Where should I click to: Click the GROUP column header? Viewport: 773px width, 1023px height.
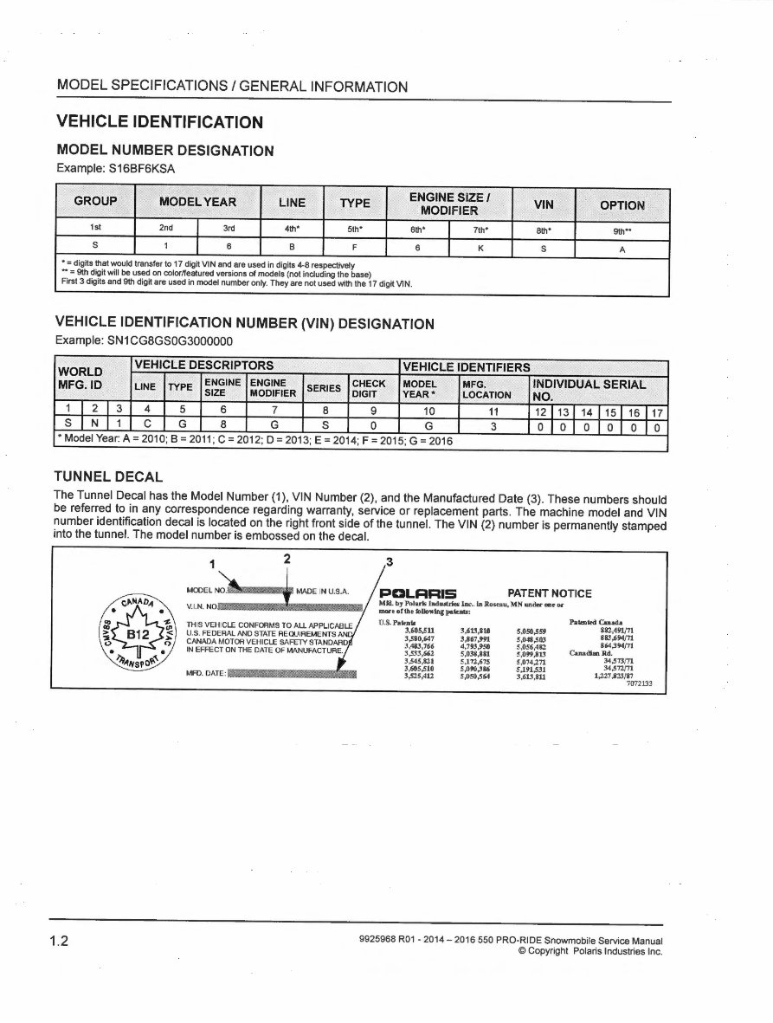[95, 201]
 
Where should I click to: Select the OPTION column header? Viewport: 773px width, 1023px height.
[622, 205]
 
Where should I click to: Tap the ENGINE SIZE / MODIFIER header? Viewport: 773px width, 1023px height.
[449, 204]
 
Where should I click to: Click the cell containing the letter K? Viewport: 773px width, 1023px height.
[480, 246]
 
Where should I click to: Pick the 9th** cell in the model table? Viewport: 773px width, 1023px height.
[622, 230]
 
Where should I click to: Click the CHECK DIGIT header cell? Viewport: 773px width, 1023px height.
[368, 389]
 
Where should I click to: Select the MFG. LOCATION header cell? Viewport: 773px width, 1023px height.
[487, 389]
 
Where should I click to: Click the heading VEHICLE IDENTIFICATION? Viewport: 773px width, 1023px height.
[159, 122]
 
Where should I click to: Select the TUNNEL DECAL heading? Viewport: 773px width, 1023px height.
[108, 477]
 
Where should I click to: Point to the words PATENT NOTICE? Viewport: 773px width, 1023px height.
[550, 593]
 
